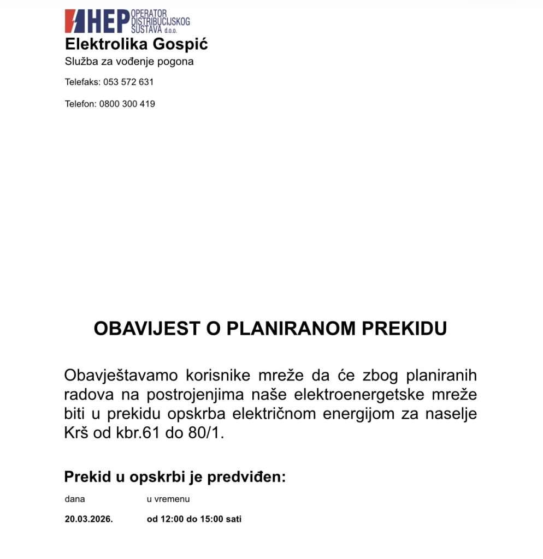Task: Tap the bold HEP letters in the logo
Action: pos(108,21)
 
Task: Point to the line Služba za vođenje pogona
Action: pos(129,62)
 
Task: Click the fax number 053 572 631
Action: pos(128,82)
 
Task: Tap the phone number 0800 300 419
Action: pos(127,104)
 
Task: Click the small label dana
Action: pos(75,499)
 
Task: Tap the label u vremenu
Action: pos(168,499)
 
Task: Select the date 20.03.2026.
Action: pos(88,519)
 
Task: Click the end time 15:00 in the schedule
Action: pos(211,519)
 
